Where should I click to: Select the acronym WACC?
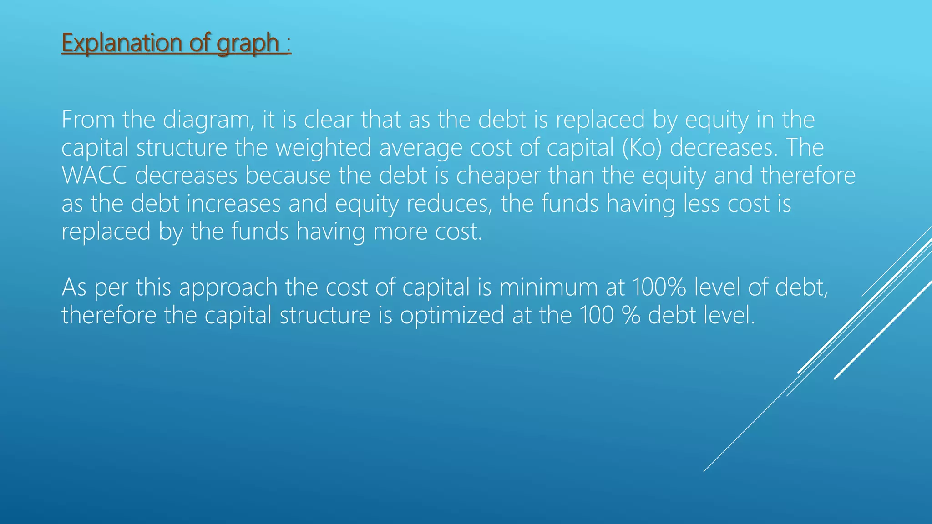pos(94,176)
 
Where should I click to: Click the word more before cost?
pos(400,232)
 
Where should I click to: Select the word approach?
pos(228,288)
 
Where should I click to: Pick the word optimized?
pos(452,315)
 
